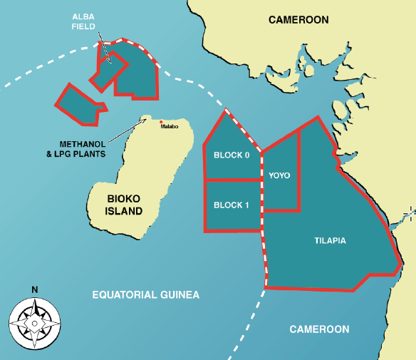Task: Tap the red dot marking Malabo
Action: click(x=162, y=121)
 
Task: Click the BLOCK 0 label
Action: click(x=232, y=155)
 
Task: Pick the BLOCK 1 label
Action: click(x=232, y=205)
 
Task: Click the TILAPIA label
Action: click(x=330, y=241)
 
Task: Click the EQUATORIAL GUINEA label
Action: click(x=146, y=295)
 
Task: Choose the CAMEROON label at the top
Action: click(x=298, y=20)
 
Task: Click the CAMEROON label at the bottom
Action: click(x=320, y=329)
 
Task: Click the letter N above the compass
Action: click(x=35, y=290)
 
